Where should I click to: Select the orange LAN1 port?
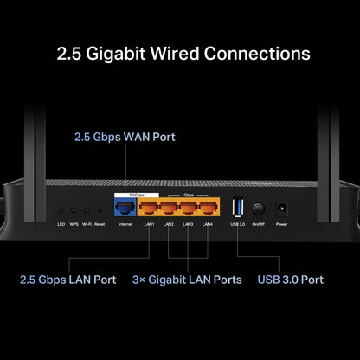pyautogui.click(x=150, y=209)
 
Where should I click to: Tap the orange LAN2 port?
pyautogui.click(x=169, y=209)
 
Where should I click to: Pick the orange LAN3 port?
pyautogui.click(x=189, y=209)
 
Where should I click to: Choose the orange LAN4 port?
pyautogui.click(x=208, y=209)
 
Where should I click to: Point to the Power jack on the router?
pyautogui.click(x=280, y=209)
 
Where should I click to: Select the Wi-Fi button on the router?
pyautogui.click(x=87, y=210)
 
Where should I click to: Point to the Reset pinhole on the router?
pyautogui.click(x=100, y=210)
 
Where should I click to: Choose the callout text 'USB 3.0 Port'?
pyautogui.click(x=290, y=280)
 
